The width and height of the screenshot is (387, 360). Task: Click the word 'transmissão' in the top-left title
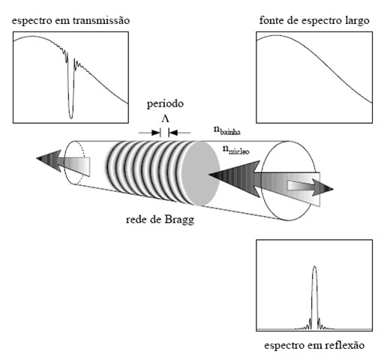pyautogui.click(x=101, y=20)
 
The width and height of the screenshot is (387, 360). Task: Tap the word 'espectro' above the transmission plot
pyautogui.click(x=31, y=21)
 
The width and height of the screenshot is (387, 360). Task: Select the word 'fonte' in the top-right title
pyautogui.click(x=271, y=20)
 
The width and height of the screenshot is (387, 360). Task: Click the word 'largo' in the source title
pyautogui.click(x=356, y=21)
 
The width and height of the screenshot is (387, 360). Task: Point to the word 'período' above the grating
pyautogui.click(x=165, y=104)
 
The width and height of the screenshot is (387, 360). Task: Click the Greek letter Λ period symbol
pyautogui.click(x=165, y=118)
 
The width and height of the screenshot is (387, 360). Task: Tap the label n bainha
pyautogui.click(x=226, y=130)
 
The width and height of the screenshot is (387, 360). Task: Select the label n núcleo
pyautogui.click(x=235, y=149)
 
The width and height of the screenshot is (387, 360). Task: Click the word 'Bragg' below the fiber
pyautogui.click(x=179, y=220)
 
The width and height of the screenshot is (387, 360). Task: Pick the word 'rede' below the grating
pyautogui.click(x=136, y=220)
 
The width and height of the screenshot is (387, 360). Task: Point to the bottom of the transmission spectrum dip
pyautogui.click(x=71, y=118)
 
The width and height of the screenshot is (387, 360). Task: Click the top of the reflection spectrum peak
pyautogui.click(x=314, y=266)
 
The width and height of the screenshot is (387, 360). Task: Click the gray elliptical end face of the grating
pyautogui.click(x=201, y=174)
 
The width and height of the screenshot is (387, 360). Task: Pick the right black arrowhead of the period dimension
pyautogui.click(x=173, y=133)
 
